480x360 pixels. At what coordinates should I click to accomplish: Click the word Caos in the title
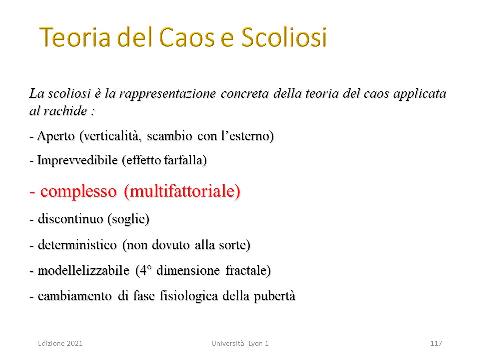(x=186, y=37)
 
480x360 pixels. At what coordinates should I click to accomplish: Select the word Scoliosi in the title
(x=284, y=37)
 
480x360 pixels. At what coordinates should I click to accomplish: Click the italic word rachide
(x=65, y=111)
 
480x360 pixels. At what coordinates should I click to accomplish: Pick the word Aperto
(x=56, y=136)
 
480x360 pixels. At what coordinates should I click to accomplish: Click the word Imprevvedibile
(x=77, y=160)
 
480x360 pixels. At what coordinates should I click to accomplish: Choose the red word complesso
(x=78, y=192)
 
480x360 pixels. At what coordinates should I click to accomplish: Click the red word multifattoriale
(x=182, y=191)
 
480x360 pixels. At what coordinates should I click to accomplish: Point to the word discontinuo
(x=70, y=219)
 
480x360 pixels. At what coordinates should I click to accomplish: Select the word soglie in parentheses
(x=128, y=219)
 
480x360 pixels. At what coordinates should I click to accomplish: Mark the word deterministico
(x=77, y=245)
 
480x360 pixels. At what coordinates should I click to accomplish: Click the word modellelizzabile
(x=83, y=270)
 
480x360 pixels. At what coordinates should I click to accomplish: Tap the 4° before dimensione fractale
(x=146, y=270)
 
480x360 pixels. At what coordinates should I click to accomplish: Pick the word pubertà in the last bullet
(x=275, y=296)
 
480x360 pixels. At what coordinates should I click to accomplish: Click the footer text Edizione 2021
(x=60, y=343)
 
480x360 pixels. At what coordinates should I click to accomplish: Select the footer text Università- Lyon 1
(x=240, y=343)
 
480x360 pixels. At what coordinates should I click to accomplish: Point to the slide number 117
(x=436, y=343)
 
